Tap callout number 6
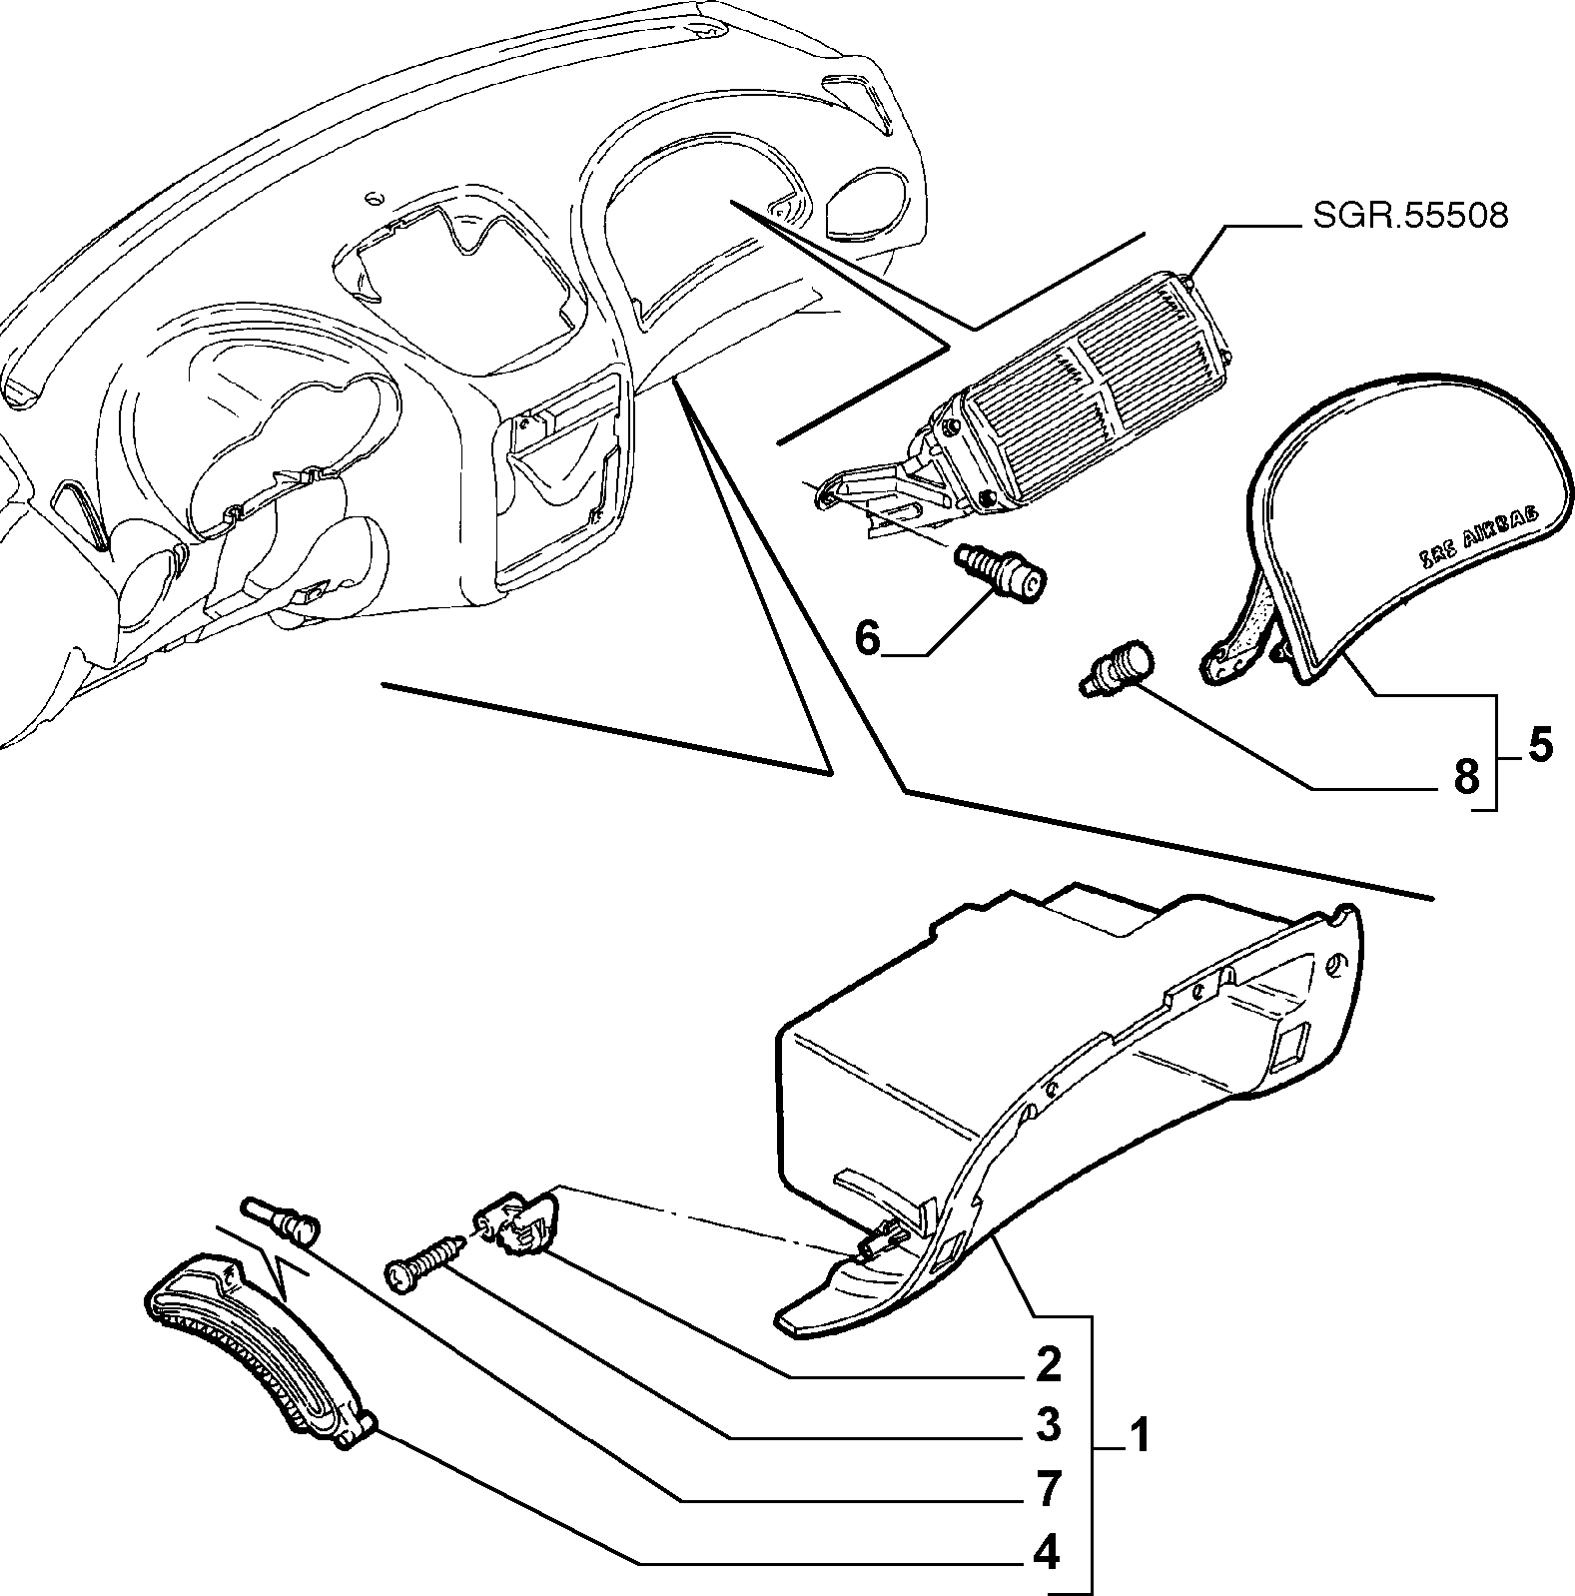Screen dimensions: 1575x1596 click(868, 637)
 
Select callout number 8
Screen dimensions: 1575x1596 click(1465, 775)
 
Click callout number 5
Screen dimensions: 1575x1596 click(1539, 745)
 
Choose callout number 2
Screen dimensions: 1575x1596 click(1048, 1364)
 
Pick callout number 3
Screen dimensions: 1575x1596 click(1048, 1426)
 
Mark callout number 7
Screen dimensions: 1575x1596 click(1048, 1489)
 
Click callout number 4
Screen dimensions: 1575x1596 click(1048, 1553)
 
